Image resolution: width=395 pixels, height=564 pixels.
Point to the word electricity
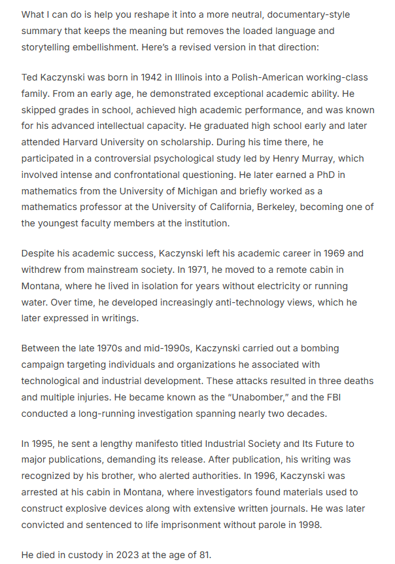(x=283, y=287)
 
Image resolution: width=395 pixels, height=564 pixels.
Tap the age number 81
(x=204, y=555)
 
